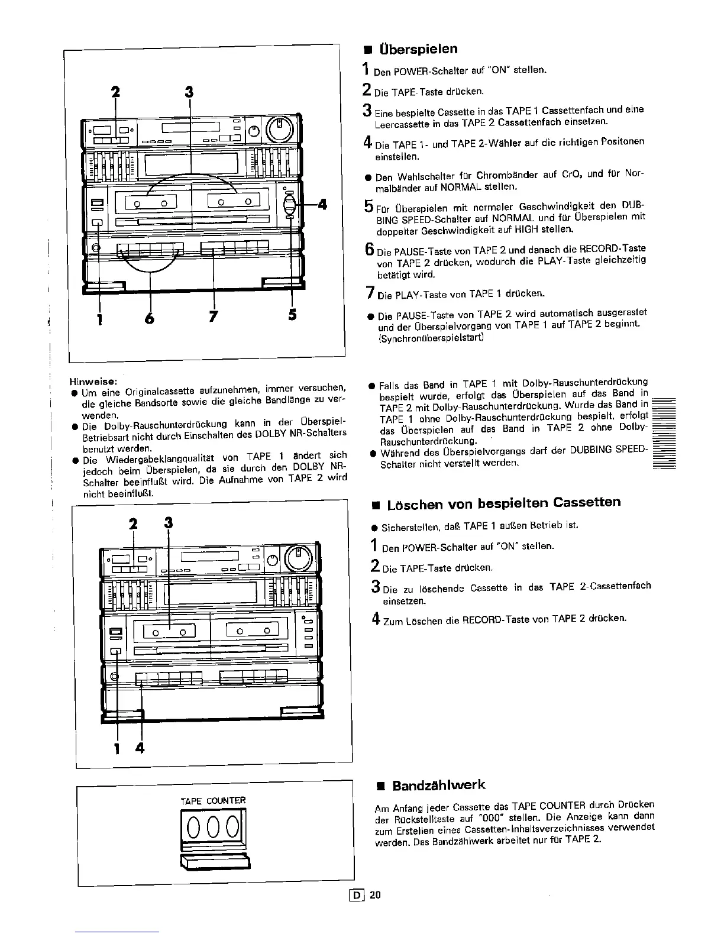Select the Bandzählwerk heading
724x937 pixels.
tap(438, 786)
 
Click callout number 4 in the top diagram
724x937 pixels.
tap(322, 205)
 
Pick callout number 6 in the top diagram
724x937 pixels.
tap(150, 318)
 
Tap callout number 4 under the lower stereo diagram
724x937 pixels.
tap(140, 748)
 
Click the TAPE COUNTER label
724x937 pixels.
tap(212, 801)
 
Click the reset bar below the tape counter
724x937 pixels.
tap(214, 862)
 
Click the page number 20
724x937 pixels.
tap(376, 895)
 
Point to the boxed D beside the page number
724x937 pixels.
tap(357, 895)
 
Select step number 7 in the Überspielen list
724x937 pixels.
tap(369, 292)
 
